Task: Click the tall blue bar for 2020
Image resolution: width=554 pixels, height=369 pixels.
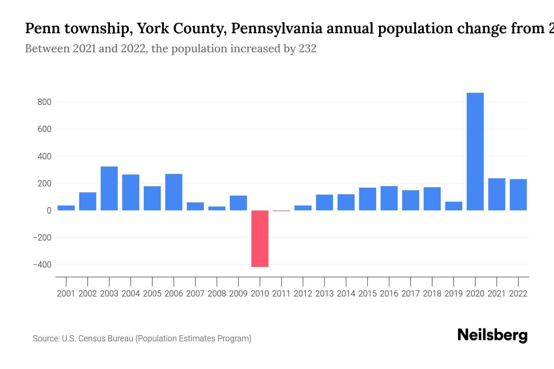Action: pos(475,152)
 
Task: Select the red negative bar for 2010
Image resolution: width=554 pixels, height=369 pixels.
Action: pos(260,239)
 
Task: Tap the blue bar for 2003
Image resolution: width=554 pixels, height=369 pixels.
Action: pos(109,188)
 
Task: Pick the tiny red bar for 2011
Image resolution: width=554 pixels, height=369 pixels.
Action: pos(281,211)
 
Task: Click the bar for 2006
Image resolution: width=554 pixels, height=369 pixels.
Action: pos(174,192)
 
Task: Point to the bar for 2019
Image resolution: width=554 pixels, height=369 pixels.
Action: pos(453,206)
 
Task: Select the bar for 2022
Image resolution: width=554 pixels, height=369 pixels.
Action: pos(518,195)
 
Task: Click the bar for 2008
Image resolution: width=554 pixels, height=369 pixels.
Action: pos(217,208)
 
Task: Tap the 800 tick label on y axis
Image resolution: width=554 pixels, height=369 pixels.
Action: pos(44,102)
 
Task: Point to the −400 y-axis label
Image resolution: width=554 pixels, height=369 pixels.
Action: pos(42,265)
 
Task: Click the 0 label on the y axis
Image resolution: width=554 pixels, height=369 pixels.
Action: pos(49,211)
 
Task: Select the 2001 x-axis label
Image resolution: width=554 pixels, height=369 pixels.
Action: pos(66,294)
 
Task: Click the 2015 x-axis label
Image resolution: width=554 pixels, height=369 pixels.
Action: pos(367,294)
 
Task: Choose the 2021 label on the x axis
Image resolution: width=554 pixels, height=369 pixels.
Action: pos(496,294)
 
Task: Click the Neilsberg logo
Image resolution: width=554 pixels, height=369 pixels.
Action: pos(492,335)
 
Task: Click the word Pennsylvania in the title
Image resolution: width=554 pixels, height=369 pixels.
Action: pos(277,28)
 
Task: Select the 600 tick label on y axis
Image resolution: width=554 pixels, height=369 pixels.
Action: pos(44,129)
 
